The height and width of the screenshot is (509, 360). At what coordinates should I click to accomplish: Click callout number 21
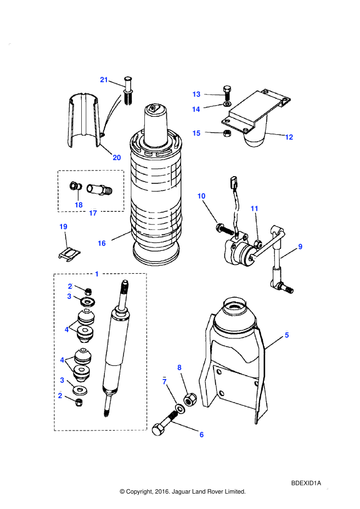point(104,80)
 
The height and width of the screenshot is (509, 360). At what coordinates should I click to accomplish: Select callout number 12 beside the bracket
point(289,137)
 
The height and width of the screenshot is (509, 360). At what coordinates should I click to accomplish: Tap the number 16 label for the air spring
point(102,243)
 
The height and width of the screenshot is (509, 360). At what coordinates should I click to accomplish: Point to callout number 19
point(63,227)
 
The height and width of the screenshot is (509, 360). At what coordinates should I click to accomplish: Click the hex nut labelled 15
point(226,133)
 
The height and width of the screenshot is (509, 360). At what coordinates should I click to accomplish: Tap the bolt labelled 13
point(227,93)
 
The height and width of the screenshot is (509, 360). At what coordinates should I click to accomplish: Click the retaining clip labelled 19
point(69,254)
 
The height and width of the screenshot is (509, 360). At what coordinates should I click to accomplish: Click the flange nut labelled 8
point(190,399)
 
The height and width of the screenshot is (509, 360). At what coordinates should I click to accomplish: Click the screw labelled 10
point(225,229)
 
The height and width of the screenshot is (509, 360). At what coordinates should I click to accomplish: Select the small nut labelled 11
point(259,244)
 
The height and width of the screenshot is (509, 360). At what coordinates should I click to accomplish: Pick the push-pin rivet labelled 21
point(128,91)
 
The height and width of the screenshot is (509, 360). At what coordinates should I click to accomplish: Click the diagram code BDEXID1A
point(306,483)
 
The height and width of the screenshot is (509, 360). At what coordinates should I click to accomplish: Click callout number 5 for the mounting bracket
point(286,335)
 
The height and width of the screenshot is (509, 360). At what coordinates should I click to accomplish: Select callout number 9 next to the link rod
point(300,247)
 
